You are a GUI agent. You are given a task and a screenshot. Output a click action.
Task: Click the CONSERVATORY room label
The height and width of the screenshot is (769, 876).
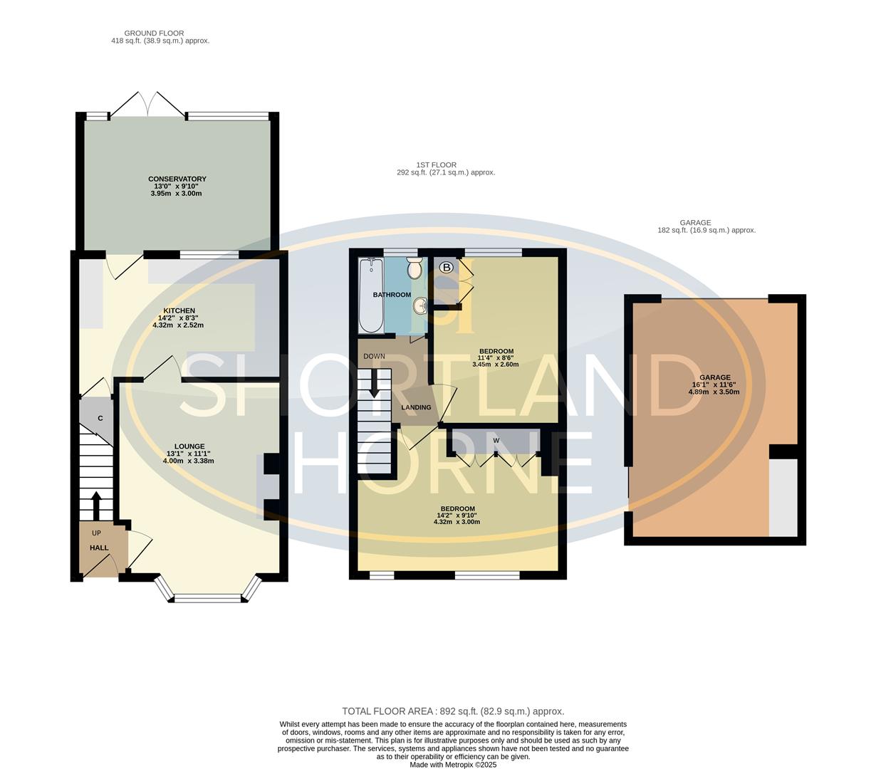177,179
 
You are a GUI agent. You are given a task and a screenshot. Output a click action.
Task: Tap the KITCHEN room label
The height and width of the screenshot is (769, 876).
179,311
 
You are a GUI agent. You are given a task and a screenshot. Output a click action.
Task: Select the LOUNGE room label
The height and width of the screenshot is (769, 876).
189,446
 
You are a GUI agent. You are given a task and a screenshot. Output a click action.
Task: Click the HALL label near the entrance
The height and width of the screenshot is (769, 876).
99,548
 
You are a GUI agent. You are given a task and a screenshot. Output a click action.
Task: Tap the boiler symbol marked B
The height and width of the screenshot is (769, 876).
447,267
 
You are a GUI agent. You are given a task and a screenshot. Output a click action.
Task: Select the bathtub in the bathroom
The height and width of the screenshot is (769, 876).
370,295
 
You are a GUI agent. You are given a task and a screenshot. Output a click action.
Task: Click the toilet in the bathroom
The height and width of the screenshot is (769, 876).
414,268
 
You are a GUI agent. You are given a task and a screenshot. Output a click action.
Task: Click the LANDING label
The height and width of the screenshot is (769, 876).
416,407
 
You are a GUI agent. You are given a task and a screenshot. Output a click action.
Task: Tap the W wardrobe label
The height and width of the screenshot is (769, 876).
496,440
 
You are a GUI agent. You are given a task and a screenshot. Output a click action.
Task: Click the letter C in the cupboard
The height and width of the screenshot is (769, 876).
100,418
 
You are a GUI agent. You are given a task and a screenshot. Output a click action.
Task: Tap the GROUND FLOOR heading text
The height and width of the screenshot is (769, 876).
154,33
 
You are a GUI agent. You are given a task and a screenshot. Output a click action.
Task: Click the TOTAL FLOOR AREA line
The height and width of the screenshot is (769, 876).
453,711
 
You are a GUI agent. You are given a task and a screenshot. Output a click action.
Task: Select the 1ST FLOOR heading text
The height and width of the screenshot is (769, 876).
436,164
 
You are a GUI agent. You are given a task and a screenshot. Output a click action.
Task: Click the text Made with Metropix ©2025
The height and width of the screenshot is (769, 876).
453,765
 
